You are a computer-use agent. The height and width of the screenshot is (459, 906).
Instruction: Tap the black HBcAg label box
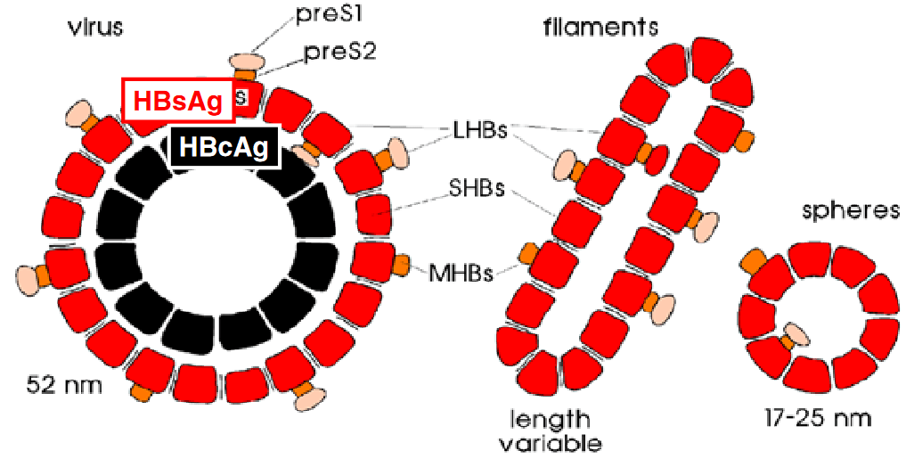pyautogui.click(x=224, y=147)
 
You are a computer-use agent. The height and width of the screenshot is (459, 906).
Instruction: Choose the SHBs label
pyautogui.click(x=477, y=188)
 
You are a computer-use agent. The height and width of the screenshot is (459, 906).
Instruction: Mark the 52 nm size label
pyautogui.click(x=64, y=386)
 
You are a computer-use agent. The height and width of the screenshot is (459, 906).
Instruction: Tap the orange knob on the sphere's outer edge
pyautogui.click(x=753, y=259)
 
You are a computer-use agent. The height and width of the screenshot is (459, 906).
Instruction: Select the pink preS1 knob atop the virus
pyautogui.click(x=247, y=62)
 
